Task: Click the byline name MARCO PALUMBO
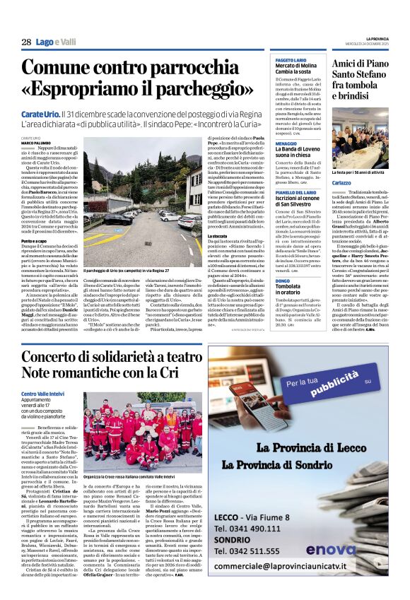tap(36, 143)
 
